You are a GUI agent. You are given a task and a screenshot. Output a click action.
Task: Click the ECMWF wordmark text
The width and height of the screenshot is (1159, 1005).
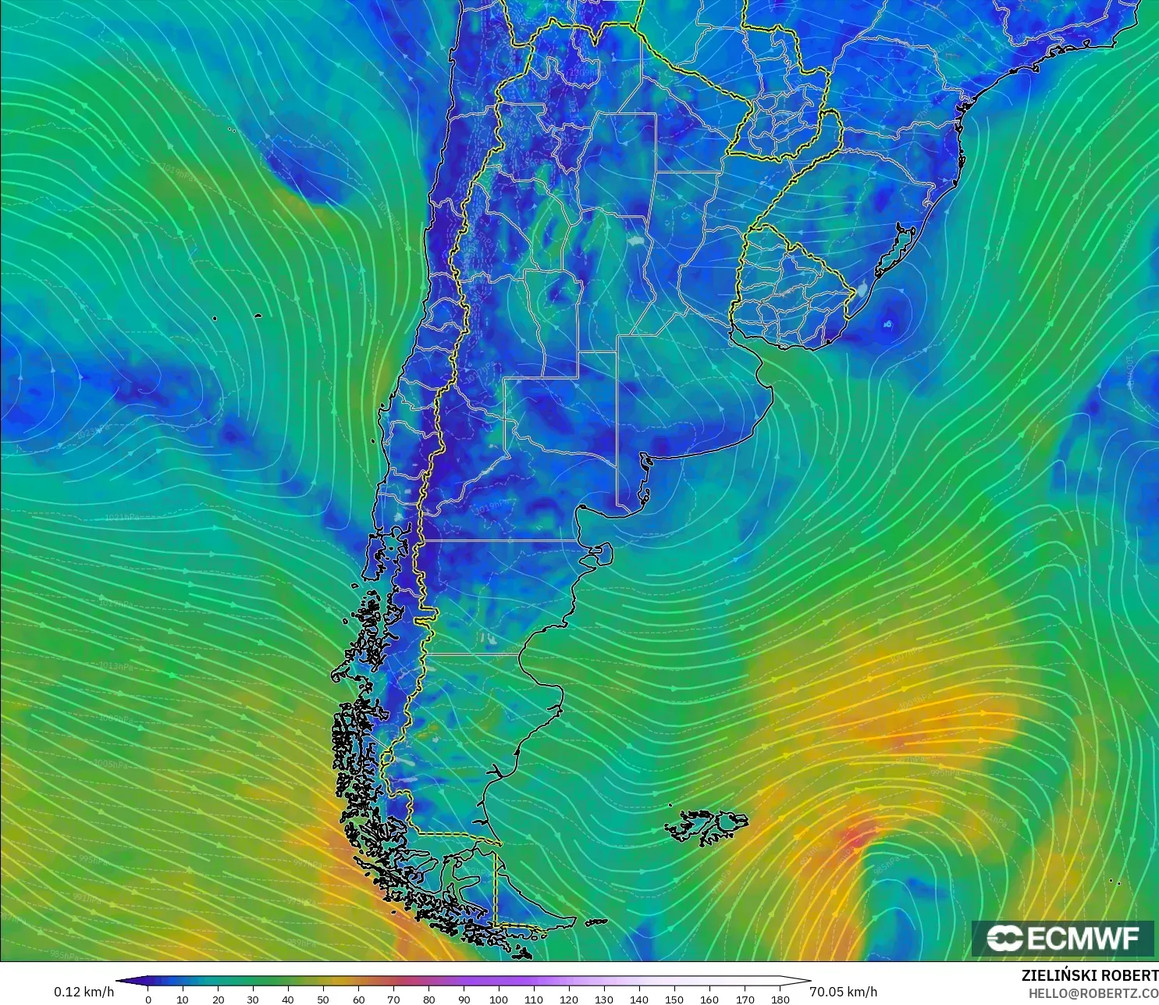click(x=1083, y=938)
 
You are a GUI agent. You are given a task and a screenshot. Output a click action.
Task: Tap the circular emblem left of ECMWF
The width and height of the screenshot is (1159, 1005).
click(x=1004, y=938)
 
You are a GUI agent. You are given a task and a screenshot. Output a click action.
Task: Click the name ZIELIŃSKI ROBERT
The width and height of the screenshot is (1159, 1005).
click(x=1090, y=975)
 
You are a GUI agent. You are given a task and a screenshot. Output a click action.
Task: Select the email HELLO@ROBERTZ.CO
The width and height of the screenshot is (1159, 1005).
click(x=1093, y=993)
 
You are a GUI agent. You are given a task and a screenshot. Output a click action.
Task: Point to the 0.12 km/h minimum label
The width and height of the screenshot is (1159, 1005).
click(x=84, y=992)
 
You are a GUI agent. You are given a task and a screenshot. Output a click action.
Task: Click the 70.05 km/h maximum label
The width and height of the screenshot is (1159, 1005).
click(x=843, y=992)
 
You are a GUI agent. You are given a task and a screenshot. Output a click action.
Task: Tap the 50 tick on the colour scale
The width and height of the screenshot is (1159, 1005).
click(x=323, y=999)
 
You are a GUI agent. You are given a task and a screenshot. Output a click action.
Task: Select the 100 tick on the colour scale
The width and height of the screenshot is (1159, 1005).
click(x=499, y=999)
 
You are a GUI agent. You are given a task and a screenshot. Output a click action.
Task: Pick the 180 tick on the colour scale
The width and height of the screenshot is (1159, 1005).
click(x=780, y=999)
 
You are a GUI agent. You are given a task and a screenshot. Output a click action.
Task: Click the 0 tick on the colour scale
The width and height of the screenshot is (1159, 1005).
click(x=148, y=999)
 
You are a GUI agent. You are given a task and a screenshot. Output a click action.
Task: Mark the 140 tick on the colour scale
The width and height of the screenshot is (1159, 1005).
click(x=639, y=999)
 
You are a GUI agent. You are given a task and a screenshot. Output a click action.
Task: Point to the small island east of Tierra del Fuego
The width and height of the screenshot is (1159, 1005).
click(x=596, y=922)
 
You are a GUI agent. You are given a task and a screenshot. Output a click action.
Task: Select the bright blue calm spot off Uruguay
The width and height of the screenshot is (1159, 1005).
click(x=887, y=323)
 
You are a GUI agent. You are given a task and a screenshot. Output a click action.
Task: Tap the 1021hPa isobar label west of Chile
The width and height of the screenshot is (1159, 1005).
click(x=121, y=517)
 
